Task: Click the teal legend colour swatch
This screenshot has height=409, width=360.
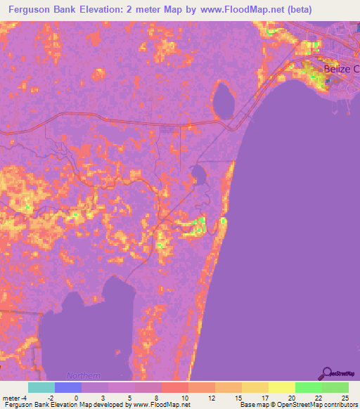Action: (x=41, y=387)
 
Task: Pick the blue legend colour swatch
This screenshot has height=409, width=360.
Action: (x=67, y=387)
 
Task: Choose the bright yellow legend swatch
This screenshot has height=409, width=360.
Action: (x=281, y=387)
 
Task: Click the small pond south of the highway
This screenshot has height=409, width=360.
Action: (x=198, y=172)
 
